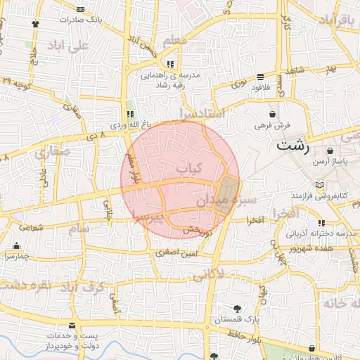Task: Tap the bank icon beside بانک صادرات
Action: [79, 9]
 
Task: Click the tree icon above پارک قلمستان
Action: [238, 309]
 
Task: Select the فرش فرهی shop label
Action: [272, 125]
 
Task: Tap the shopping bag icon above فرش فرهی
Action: [272, 114]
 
